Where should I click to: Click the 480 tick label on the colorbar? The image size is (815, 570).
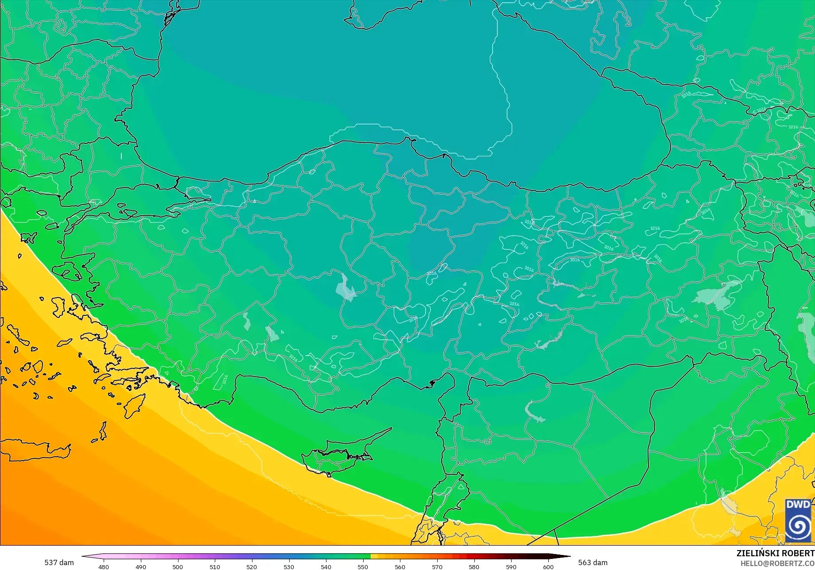[x=103, y=566]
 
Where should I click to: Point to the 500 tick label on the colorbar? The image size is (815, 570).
[x=178, y=566]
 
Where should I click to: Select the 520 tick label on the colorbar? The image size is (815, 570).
[x=252, y=566]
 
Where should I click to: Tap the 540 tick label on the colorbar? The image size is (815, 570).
[x=326, y=566]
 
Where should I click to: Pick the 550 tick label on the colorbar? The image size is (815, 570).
[x=363, y=566]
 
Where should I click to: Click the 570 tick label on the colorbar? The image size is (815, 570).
[x=437, y=566]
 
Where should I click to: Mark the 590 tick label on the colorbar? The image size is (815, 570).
[x=511, y=566]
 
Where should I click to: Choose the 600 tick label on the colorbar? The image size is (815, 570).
[x=548, y=566]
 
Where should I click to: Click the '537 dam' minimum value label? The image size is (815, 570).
[x=59, y=562]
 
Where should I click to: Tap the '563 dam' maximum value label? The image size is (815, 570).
[x=593, y=562]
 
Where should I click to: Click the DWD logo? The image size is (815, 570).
[x=798, y=520]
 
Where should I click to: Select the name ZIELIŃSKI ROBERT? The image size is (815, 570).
[x=775, y=553]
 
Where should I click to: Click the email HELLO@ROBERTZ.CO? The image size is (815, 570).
[x=778, y=563]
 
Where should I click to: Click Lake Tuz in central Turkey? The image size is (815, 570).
[x=346, y=289]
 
